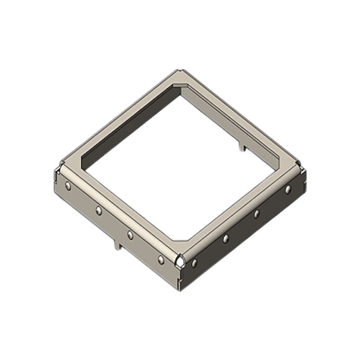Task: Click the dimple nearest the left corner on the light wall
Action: (x=68, y=185)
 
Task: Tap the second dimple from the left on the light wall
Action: (x=99, y=210)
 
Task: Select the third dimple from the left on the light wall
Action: (x=130, y=235)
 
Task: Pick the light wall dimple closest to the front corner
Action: (x=161, y=260)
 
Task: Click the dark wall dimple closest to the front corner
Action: (x=194, y=263)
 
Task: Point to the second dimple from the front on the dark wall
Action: (x=225, y=238)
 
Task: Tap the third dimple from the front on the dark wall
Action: (x=256, y=214)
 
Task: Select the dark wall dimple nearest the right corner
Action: (x=288, y=190)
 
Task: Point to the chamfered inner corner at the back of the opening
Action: (x=180, y=86)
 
